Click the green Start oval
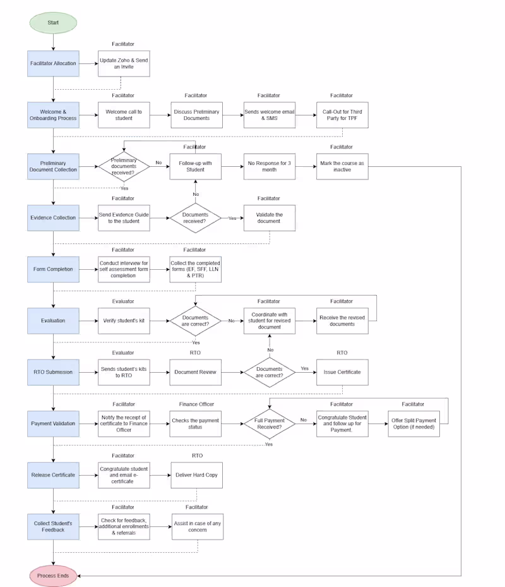pyautogui.click(x=53, y=23)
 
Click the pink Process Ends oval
pyautogui.click(x=53, y=576)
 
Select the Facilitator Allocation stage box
pyautogui.click(x=53, y=63)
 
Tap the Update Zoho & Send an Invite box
pyautogui.click(x=124, y=63)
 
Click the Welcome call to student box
pyautogui.click(x=124, y=115)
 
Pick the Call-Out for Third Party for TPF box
pyautogui.click(x=342, y=115)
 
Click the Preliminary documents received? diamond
pyautogui.click(x=124, y=167)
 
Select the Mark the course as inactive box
pyautogui.click(x=342, y=167)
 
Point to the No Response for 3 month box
pyautogui.click(x=270, y=167)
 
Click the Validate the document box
pyautogui.click(x=270, y=218)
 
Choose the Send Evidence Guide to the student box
pyautogui.click(x=124, y=218)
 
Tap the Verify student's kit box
pyautogui.click(x=124, y=321)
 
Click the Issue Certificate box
pyautogui.click(x=342, y=372)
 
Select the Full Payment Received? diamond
pyautogui.click(x=270, y=424)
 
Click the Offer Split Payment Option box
pyautogui.click(x=413, y=424)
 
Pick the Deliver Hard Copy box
pyautogui.click(x=197, y=475)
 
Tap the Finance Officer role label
pyautogui.click(x=197, y=404)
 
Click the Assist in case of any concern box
pyautogui.click(x=197, y=526)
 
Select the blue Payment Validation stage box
pyautogui.click(x=53, y=424)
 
